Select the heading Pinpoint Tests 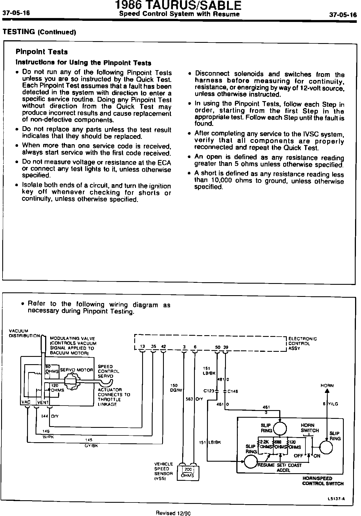tap(41, 52)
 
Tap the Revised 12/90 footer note tap(173, 513)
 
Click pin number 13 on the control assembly tap(142, 347)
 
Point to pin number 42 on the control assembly tap(163, 347)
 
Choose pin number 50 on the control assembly tap(217, 347)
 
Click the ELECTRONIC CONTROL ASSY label tap(302, 344)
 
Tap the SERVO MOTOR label tap(76, 370)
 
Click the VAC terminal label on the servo tap(26, 402)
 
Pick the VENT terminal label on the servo tap(43, 402)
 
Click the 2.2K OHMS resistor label tap(265, 444)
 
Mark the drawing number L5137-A tap(336, 499)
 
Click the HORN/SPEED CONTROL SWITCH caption tap(323, 481)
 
